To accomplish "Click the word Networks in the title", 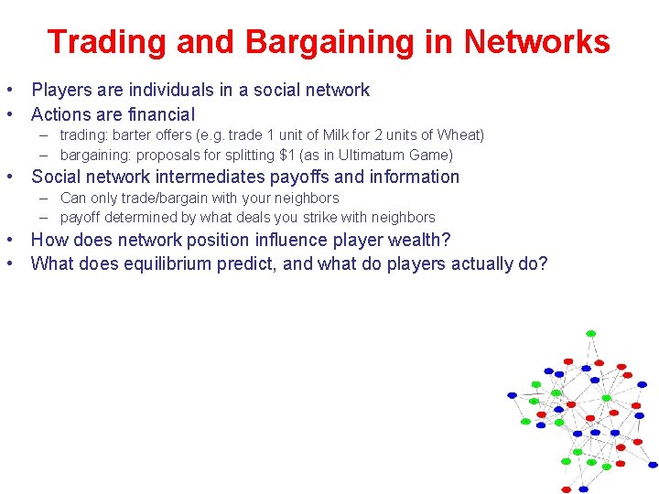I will click(536, 42).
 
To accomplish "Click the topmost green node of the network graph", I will click(590, 333).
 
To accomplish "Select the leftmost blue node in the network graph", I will click(513, 395).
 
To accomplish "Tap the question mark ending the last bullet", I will click(543, 264).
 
